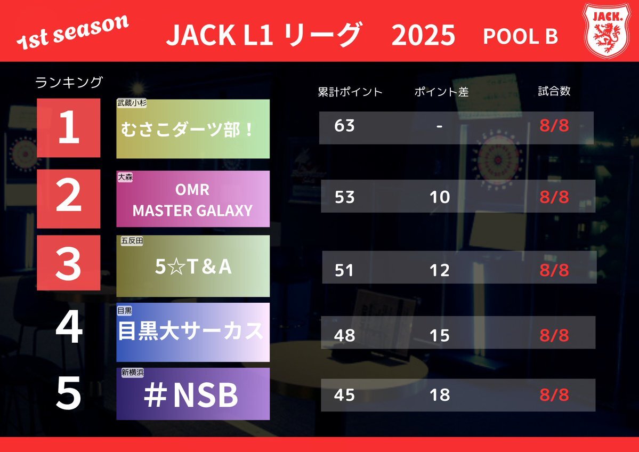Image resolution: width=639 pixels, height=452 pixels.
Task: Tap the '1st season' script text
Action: click(x=72, y=33)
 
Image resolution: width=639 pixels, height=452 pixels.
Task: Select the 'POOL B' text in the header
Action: click(x=520, y=36)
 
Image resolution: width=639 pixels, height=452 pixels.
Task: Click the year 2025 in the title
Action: click(x=423, y=35)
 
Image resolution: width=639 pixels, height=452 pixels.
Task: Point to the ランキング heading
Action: click(x=68, y=82)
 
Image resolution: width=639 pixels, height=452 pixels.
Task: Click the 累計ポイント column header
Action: click(x=350, y=92)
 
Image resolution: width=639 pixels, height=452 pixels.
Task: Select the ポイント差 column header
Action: click(x=441, y=92)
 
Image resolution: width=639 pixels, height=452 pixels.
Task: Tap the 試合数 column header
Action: click(x=554, y=91)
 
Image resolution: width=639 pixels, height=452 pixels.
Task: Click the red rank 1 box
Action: click(x=68, y=127)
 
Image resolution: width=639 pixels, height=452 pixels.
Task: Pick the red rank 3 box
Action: click(x=68, y=263)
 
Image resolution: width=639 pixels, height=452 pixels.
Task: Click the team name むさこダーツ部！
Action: click(x=187, y=130)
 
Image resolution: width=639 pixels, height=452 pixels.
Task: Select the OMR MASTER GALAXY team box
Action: click(x=193, y=199)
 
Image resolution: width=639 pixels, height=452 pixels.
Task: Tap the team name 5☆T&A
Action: click(x=193, y=267)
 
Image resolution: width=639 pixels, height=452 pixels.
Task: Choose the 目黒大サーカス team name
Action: click(x=191, y=330)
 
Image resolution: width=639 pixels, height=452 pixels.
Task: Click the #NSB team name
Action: click(x=191, y=395)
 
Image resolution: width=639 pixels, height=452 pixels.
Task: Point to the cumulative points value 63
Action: click(x=344, y=126)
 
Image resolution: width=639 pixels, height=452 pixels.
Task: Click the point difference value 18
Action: click(x=440, y=394)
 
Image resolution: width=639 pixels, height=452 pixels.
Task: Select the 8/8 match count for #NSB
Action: click(x=554, y=394)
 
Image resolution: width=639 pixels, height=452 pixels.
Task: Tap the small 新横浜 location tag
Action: click(x=133, y=373)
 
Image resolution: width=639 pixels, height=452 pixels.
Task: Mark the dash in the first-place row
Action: click(x=439, y=126)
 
